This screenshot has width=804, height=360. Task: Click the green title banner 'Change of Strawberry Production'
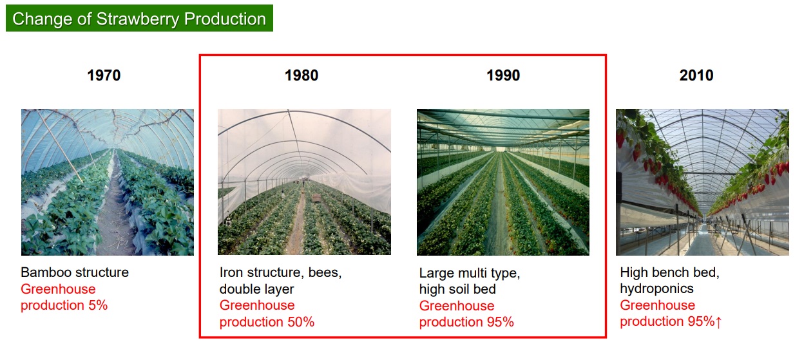pyautogui.click(x=139, y=18)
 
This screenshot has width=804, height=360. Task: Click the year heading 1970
pyautogui.click(x=104, y=75)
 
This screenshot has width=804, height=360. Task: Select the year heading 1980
pyautogui.click(x=301, y=75)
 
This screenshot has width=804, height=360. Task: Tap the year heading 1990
pyautogui.click(x=503, y=75)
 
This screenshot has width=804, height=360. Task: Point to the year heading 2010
pyautogui.click(x=696, y=75)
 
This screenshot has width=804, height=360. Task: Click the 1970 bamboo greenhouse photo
pyautogui.click(x=108, y=182)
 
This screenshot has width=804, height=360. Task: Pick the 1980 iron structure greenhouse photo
pyautogui.click(x=304, y=182)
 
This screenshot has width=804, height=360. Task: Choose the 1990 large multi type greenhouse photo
pyautogui.click(x=503, y=182)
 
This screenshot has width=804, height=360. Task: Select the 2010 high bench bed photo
pyautogui.click(x=702, y=182)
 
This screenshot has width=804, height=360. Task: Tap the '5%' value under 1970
pyautogui.click(x=98, y=305)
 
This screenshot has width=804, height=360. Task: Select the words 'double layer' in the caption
pyautogui.click(x=256, y=289)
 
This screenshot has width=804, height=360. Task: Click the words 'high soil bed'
pyautogui.click(x=457, y=289)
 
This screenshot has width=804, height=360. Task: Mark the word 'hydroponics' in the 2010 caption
pyautogui.click(x=657, y=289)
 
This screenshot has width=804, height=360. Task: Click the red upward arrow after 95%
pyautogui.click(x=718, y=322)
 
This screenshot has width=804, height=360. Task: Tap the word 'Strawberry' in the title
pyautogui.click(x=138, y=19)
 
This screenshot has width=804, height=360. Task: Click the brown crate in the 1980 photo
pyautogui.click(x=316, y=198)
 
